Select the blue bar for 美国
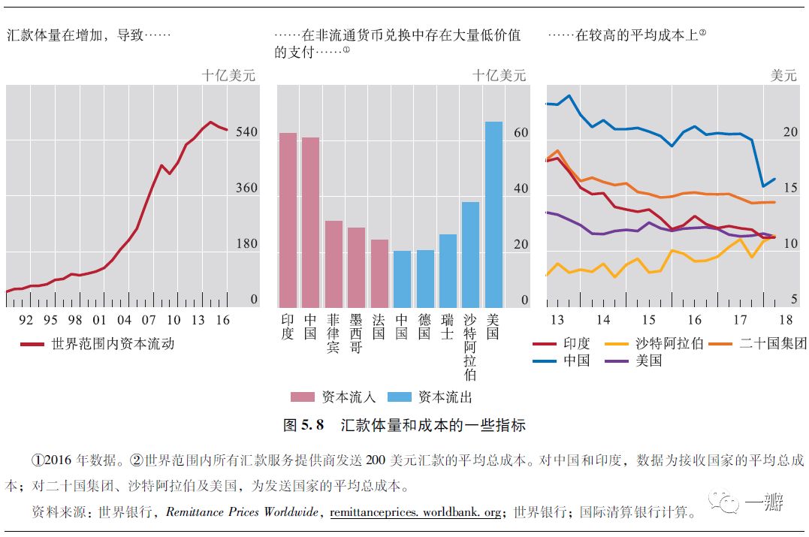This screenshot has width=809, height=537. pyautogui.click(x=494, y=214)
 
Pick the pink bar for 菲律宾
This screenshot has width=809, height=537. pyautogui.click(x=334, y=264)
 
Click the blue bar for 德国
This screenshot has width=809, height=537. pyautogui.click(x=425, y=278)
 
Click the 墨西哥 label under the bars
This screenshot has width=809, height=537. pyautogui.click(x=356, y=333)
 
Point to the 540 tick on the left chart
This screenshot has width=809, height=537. pyautogui.click(x=246, y=132)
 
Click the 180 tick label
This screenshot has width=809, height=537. pyautogui.click(x=246, y=244)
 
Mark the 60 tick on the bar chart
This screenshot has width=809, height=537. pyautogui.click(x=520, y=133)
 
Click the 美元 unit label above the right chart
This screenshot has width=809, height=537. pyautogui.click(x=783, y=75)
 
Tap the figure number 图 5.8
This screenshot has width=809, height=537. pyautogui.click(x=303, y=425)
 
